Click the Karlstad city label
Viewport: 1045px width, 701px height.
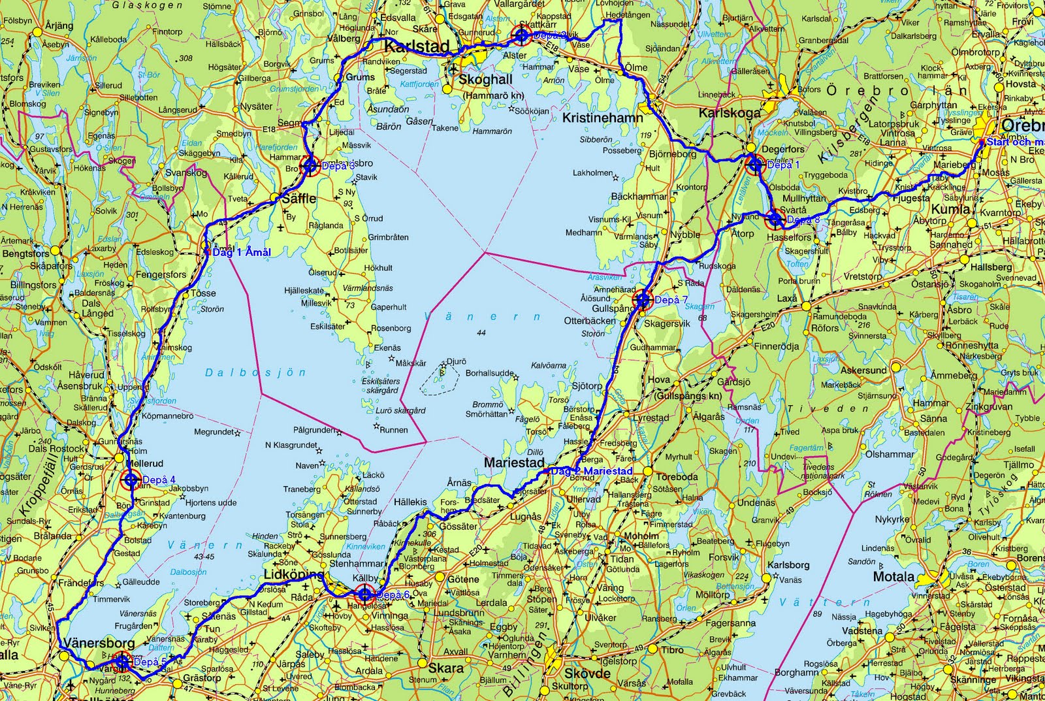click(417, 46)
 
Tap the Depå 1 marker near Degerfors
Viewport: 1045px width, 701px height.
click(754, 164)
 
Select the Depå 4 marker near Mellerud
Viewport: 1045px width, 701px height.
click(130, 481)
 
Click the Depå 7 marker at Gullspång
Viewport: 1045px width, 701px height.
click(643, 300)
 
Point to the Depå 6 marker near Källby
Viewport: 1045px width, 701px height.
click(364, 595)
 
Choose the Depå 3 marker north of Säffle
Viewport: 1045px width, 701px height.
click(310, 165)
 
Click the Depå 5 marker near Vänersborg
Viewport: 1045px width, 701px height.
click(121, 662)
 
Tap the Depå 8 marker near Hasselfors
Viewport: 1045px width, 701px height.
click(775, 220)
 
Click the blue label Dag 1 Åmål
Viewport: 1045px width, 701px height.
click(240, 252)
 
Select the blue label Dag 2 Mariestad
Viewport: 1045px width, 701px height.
click(591, 471)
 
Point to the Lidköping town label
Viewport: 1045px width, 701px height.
click(293, 574)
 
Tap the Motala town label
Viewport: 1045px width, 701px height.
click(893, 576)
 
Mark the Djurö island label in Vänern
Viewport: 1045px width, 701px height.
click(455, 361)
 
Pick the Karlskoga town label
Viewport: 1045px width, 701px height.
click(730, 112)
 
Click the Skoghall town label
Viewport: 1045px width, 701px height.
click(485, 80)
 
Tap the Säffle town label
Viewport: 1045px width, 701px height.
click(298, 198)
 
